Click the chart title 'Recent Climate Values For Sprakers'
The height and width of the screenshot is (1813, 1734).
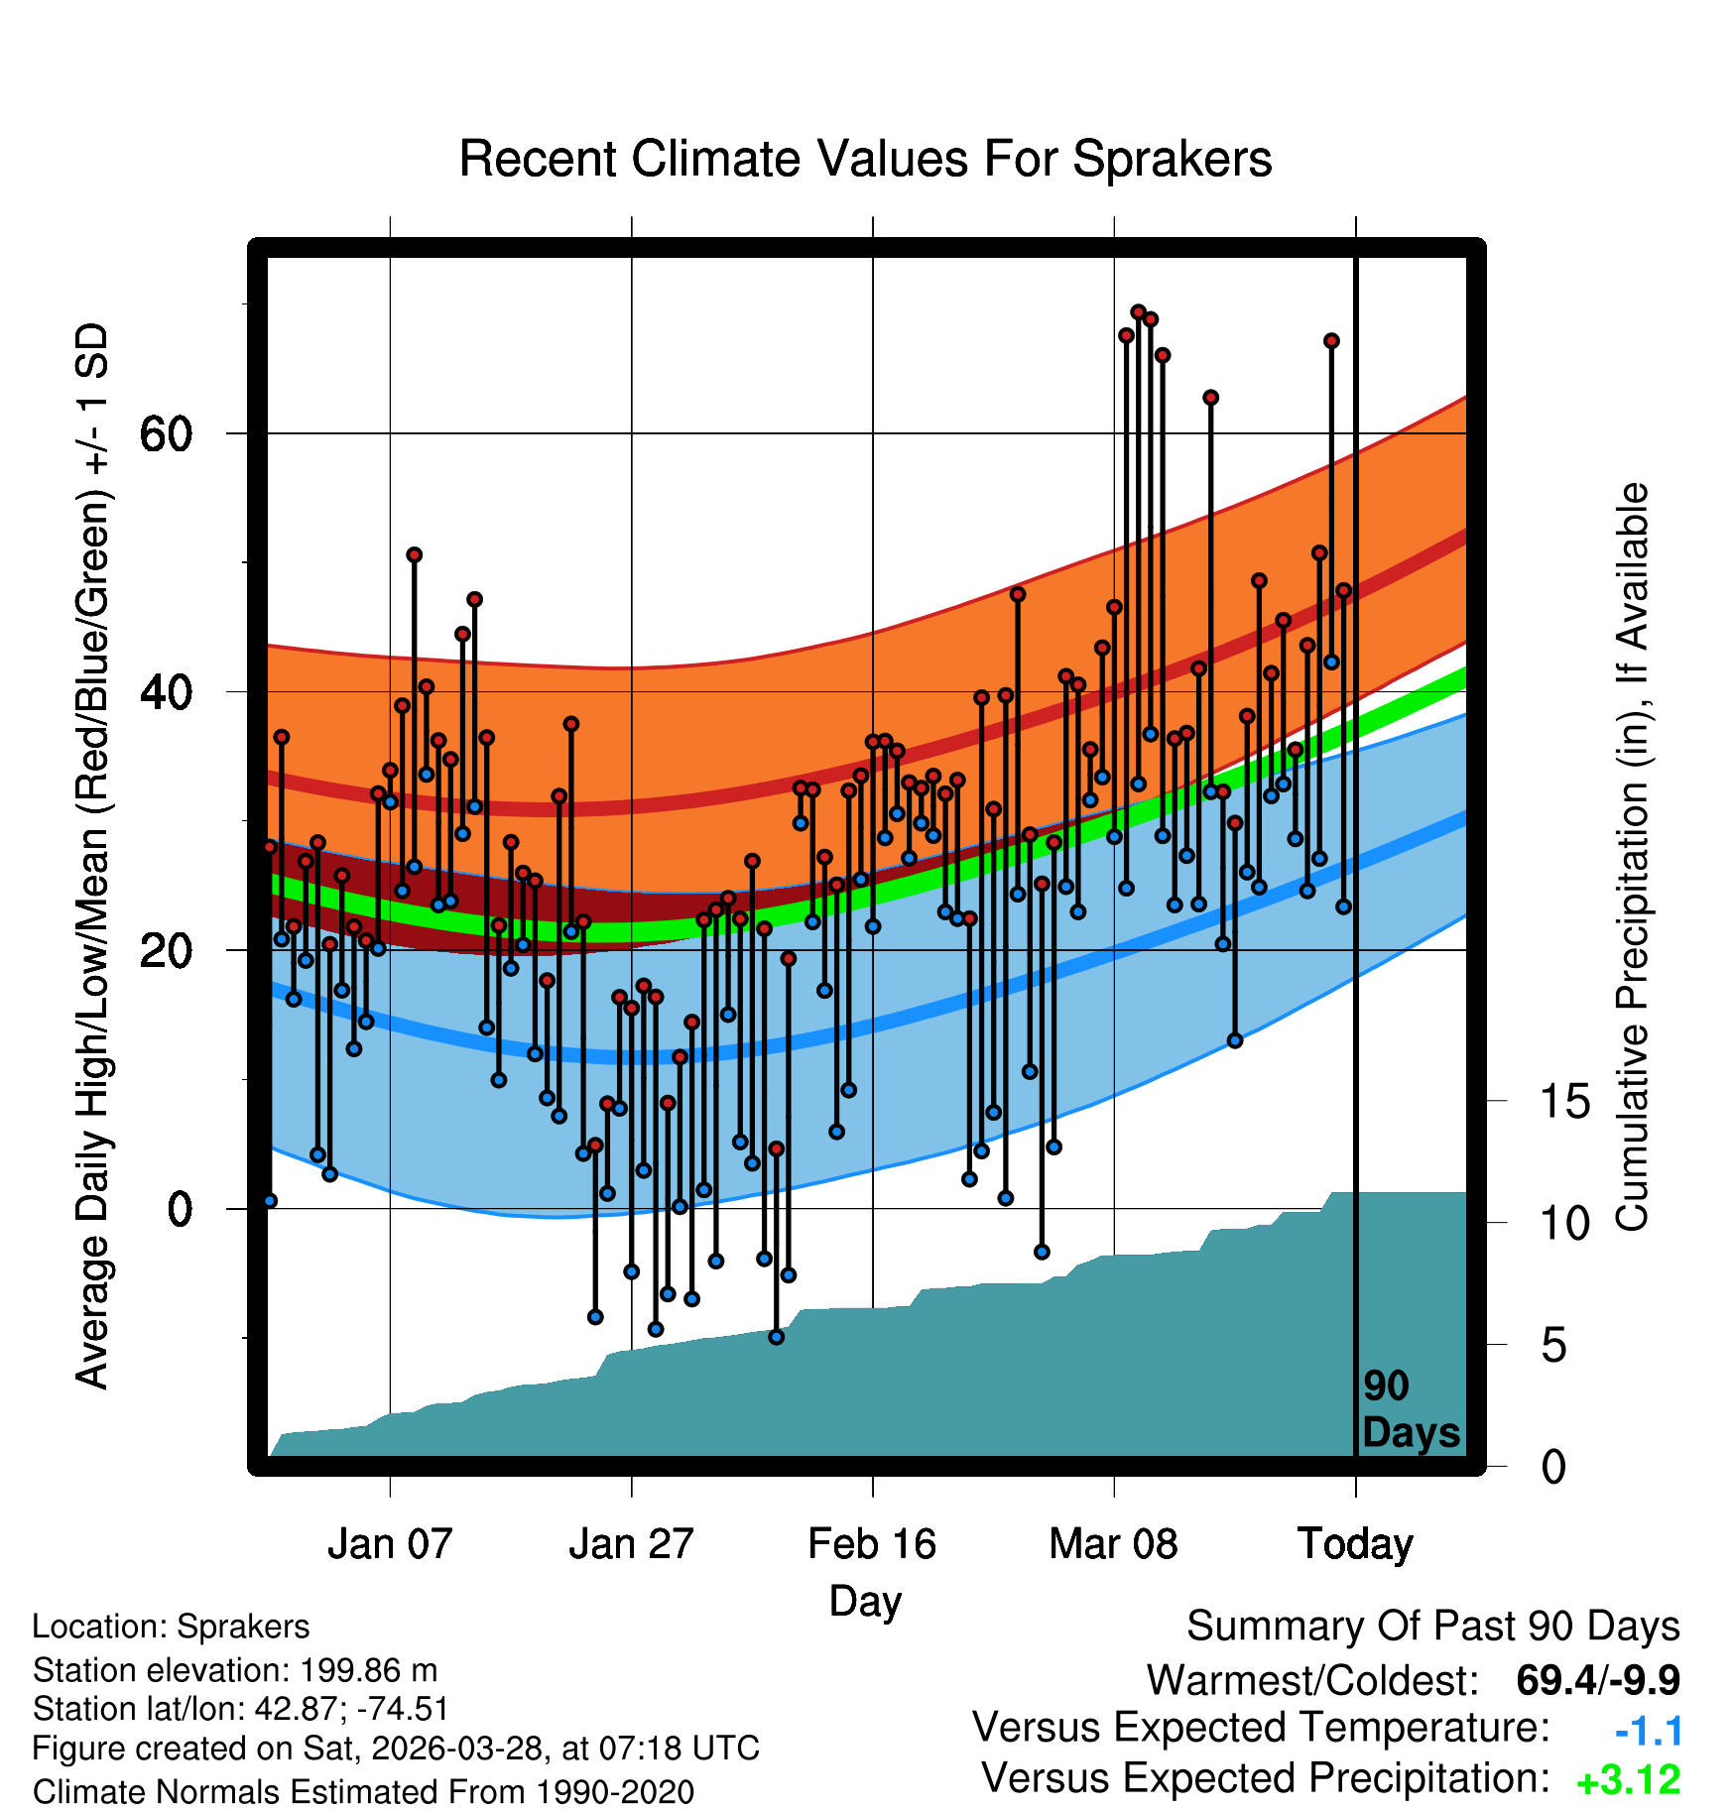tap(865, 159)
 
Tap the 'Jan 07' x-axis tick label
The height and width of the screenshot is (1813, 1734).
tap(390, 1543)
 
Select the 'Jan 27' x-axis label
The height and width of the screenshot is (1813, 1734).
tap(631, 1543)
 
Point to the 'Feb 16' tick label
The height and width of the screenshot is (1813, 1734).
tap(872, 1543)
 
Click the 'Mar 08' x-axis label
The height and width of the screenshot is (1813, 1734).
tap(1113, 1543)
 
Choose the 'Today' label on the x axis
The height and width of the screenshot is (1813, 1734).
tap(1355, 1544)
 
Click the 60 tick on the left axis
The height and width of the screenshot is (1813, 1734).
tap(166, 433)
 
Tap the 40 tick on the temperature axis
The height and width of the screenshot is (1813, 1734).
tap(166, 691)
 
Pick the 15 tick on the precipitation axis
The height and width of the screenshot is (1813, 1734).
tap(1565, 1101)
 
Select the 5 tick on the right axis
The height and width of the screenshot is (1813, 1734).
tap(1554, 1345)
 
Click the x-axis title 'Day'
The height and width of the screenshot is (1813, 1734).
tap(866, 1602)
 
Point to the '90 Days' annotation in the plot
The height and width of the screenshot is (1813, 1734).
tap(1411, 1409)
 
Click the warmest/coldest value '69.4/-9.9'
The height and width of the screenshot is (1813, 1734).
tap(1598, 1680)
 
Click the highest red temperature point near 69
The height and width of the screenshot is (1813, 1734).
tap(1138, 312)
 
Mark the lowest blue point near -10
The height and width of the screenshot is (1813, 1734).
tap(776, 1337)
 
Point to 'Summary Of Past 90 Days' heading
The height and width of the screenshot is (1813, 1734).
tap(1433, 1627)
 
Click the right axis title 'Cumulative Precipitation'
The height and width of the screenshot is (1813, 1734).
tap(1632, 858)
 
